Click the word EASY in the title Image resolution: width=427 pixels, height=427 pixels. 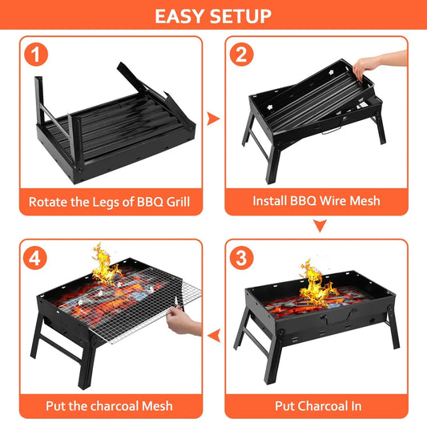tap(182, 16)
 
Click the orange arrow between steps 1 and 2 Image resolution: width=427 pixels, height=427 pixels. tap(213, 119)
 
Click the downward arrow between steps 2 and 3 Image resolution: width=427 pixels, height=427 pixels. tap(320, 227)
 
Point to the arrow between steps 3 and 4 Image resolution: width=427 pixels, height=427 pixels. tap(213, 334)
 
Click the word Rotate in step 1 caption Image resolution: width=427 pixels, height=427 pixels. tap(50, 201)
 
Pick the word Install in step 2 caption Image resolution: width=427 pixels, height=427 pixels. tap(273, 201)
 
